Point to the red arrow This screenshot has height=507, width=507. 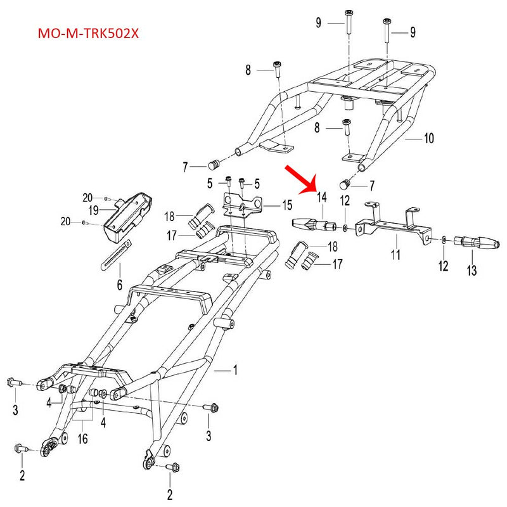click(302, 178)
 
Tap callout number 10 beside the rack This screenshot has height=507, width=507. click(428, 138)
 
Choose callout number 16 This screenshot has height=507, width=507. click(82, 439)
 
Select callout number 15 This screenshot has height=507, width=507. click(287, 205)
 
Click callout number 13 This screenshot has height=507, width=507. click(471, 271)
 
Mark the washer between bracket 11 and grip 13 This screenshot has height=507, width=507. click(443, 240)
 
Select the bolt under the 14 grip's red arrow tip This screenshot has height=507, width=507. click(331, 226)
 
